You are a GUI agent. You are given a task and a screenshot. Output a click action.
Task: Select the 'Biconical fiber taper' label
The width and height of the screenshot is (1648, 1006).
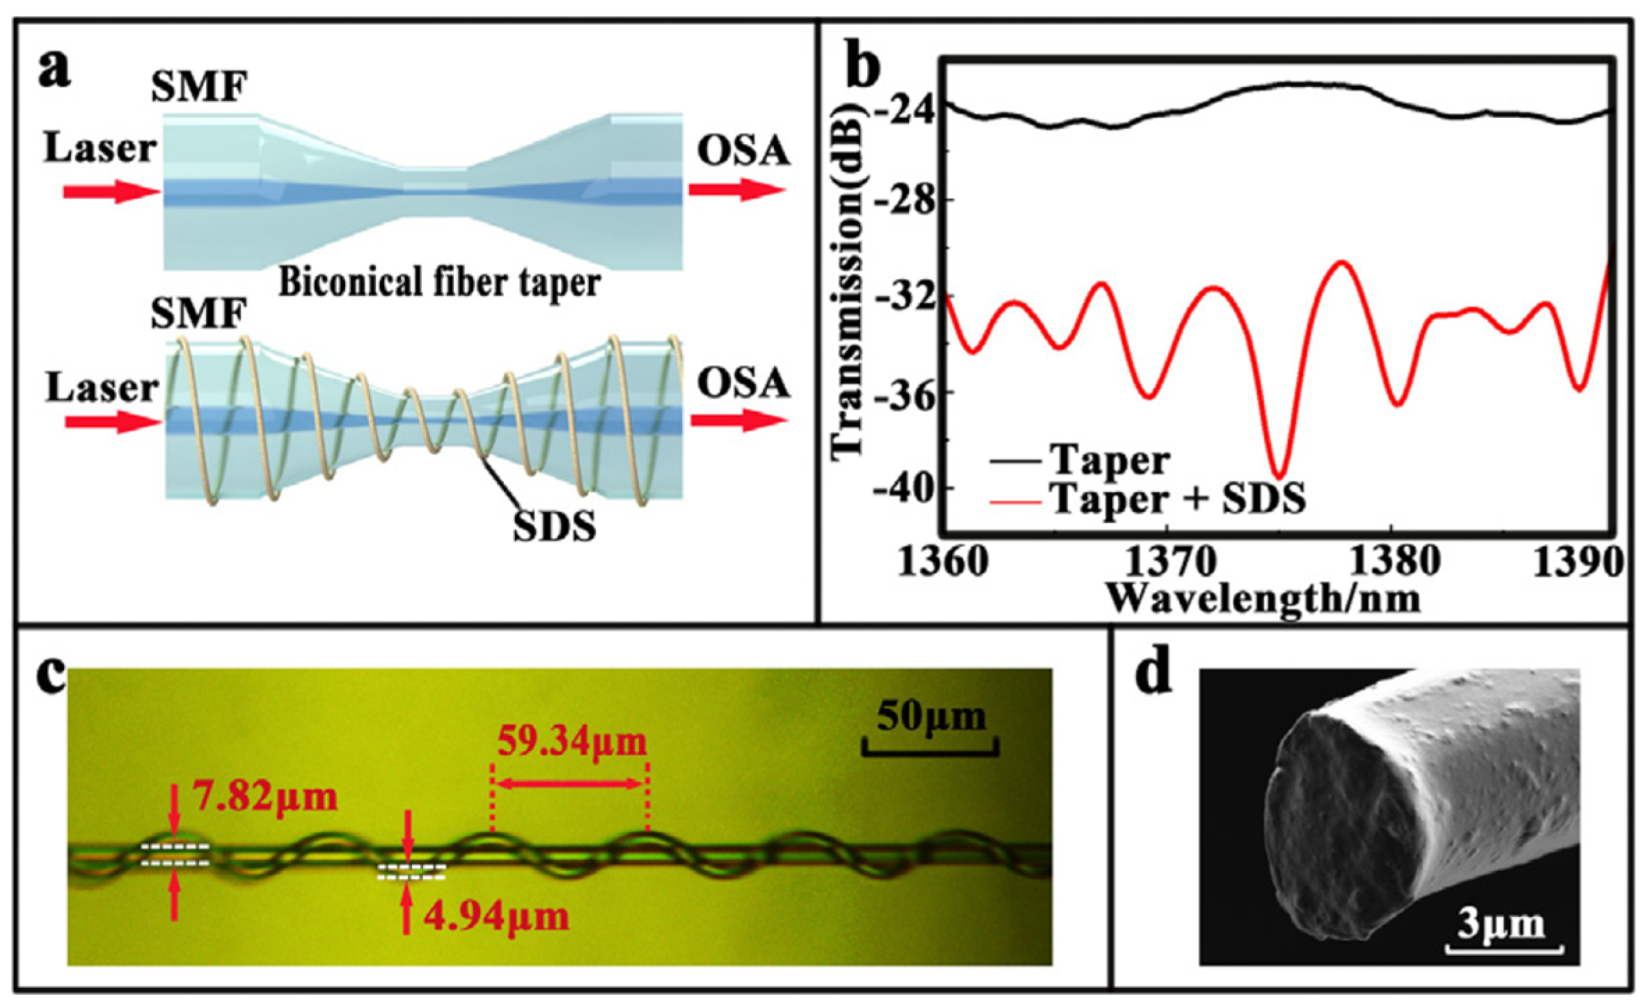point(440,283)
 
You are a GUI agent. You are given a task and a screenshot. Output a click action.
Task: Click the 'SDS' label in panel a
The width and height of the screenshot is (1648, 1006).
point(554,526)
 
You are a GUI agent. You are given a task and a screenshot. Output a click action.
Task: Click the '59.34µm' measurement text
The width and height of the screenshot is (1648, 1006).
point(572,742)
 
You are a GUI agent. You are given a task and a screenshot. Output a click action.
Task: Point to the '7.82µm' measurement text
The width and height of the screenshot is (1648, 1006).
point(266,797)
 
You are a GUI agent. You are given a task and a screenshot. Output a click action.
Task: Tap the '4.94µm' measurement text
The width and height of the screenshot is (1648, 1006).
point(497,917)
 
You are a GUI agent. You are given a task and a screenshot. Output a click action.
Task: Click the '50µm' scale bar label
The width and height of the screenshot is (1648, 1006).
point(931,717)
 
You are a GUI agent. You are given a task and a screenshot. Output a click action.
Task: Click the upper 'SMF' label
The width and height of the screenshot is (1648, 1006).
point(199,88)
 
